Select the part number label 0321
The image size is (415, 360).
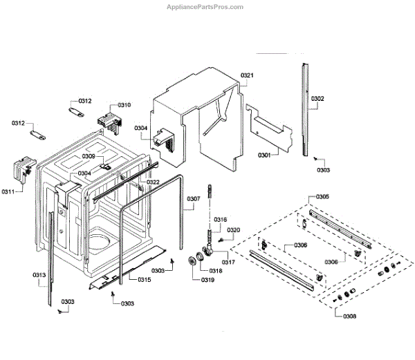(248, 75)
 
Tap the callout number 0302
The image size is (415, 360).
(317, 99)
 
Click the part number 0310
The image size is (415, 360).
(124, 104)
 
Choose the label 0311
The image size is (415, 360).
(8, 191)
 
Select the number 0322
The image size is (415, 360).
(153, 182)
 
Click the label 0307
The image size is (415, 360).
(194, 199)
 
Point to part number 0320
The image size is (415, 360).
(234, 229)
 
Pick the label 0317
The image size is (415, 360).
(228, 262)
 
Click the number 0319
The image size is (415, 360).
(207, 280)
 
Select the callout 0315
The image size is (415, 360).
(144, 279)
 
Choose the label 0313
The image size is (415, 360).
(39, 275)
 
